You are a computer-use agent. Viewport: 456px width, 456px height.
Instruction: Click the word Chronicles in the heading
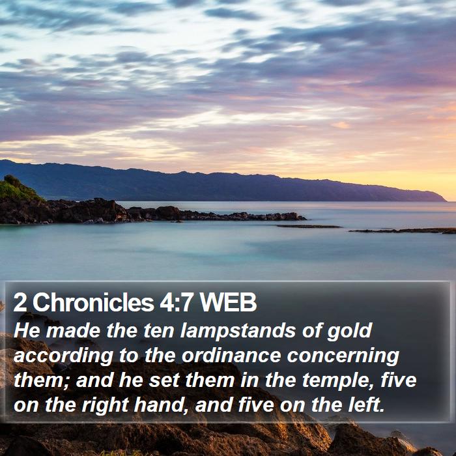click(93, 302)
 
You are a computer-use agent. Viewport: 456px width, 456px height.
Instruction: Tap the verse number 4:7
click(177, 302)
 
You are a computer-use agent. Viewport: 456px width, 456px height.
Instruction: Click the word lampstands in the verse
click(238, 331)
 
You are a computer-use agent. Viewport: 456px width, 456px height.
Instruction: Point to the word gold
click(350, 332)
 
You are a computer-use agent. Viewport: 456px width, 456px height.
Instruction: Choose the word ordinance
click(231, 356)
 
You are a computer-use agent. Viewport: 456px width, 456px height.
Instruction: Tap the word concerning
click(343, 356)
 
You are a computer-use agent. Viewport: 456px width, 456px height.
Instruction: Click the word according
click(63, 356)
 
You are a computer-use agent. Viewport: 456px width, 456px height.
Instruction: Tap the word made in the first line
click(73, 331)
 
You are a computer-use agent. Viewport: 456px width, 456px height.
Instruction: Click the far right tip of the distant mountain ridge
click(446, 201)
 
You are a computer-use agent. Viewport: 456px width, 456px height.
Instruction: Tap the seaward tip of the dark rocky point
click(306, 218)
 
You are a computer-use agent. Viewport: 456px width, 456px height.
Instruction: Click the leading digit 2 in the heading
click(20, 302)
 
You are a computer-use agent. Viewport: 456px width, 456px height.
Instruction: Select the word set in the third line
click(164, 380)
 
